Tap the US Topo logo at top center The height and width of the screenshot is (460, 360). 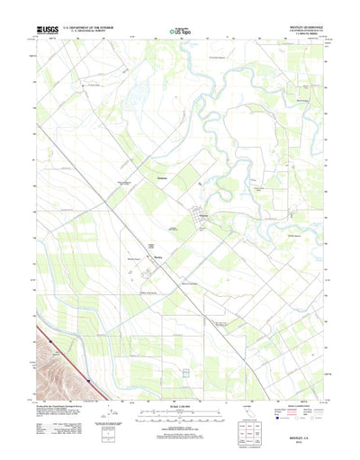[179, 32]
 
